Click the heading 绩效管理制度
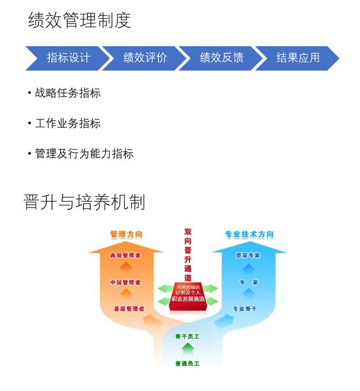(79, 21)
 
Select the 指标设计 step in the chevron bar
(68, 58)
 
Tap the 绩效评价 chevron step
(145, 58)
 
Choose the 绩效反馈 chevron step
(221, 58)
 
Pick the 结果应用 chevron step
(297, 58)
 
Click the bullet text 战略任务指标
(67, 93)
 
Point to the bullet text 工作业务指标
(67, 124)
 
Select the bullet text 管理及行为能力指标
(84, 154)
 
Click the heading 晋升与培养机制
(85, 202)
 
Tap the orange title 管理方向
(127, 235)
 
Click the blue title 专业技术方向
(249, 235)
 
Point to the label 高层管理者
(127, 255)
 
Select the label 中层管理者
(127, 282)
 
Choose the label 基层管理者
(128, 309)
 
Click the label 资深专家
(248, 255)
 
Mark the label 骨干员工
(187, 336)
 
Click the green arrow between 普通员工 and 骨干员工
(187, 349)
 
